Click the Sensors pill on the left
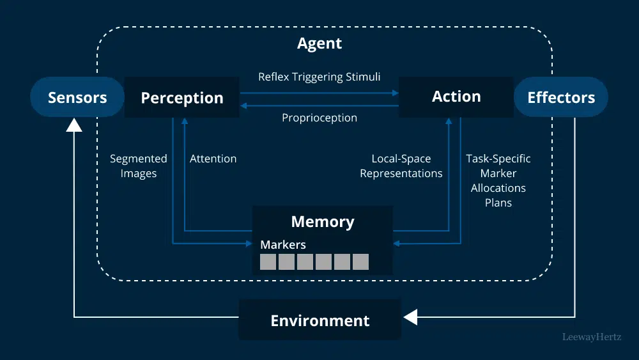click(77, 97)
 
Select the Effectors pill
click(560, 97)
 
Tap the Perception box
click(181, 98)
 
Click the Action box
click(456, 97)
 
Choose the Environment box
click(319, 320)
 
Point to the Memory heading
click(322, 222)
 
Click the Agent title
click(319, 43)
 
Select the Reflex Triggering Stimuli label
click(319, 77)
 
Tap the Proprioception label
click(319, 118)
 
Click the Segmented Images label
click(138, 166)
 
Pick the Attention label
click(213, 159)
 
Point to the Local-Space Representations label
click(401, 166)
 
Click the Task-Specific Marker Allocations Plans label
click(498, 180)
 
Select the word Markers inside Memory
click(282, 244)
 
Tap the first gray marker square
click(268, 262)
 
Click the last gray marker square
click(360, 262)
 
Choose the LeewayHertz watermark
click(591, 336)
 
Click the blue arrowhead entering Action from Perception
click(395, 93)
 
